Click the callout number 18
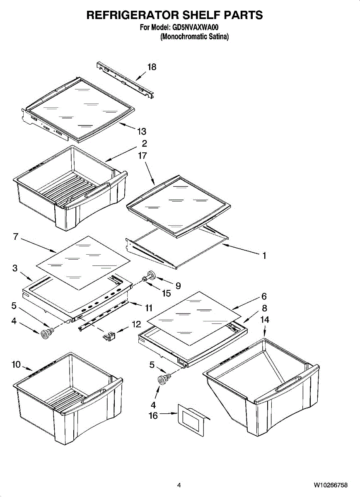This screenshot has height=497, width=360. pos(152,67)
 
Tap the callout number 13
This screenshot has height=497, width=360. pos(142,131)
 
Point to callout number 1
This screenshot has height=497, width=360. pos(264,256)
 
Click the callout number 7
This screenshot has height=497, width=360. pos(15,236)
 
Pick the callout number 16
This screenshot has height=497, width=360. pos(153,415)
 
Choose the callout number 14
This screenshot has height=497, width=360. pos(264,319)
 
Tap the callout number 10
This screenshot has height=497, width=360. pos(16,364)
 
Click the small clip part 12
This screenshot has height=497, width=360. pos(109,335)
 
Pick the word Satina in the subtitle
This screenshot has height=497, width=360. pos(218,36)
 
